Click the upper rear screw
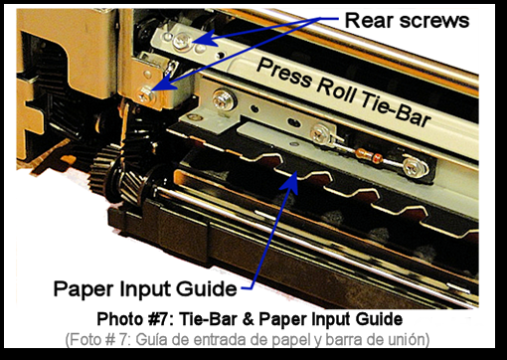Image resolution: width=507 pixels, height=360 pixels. [182, 41]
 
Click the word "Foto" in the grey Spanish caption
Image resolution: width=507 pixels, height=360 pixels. [85, 339]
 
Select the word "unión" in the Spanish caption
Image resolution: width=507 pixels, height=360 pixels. [406, 339]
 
